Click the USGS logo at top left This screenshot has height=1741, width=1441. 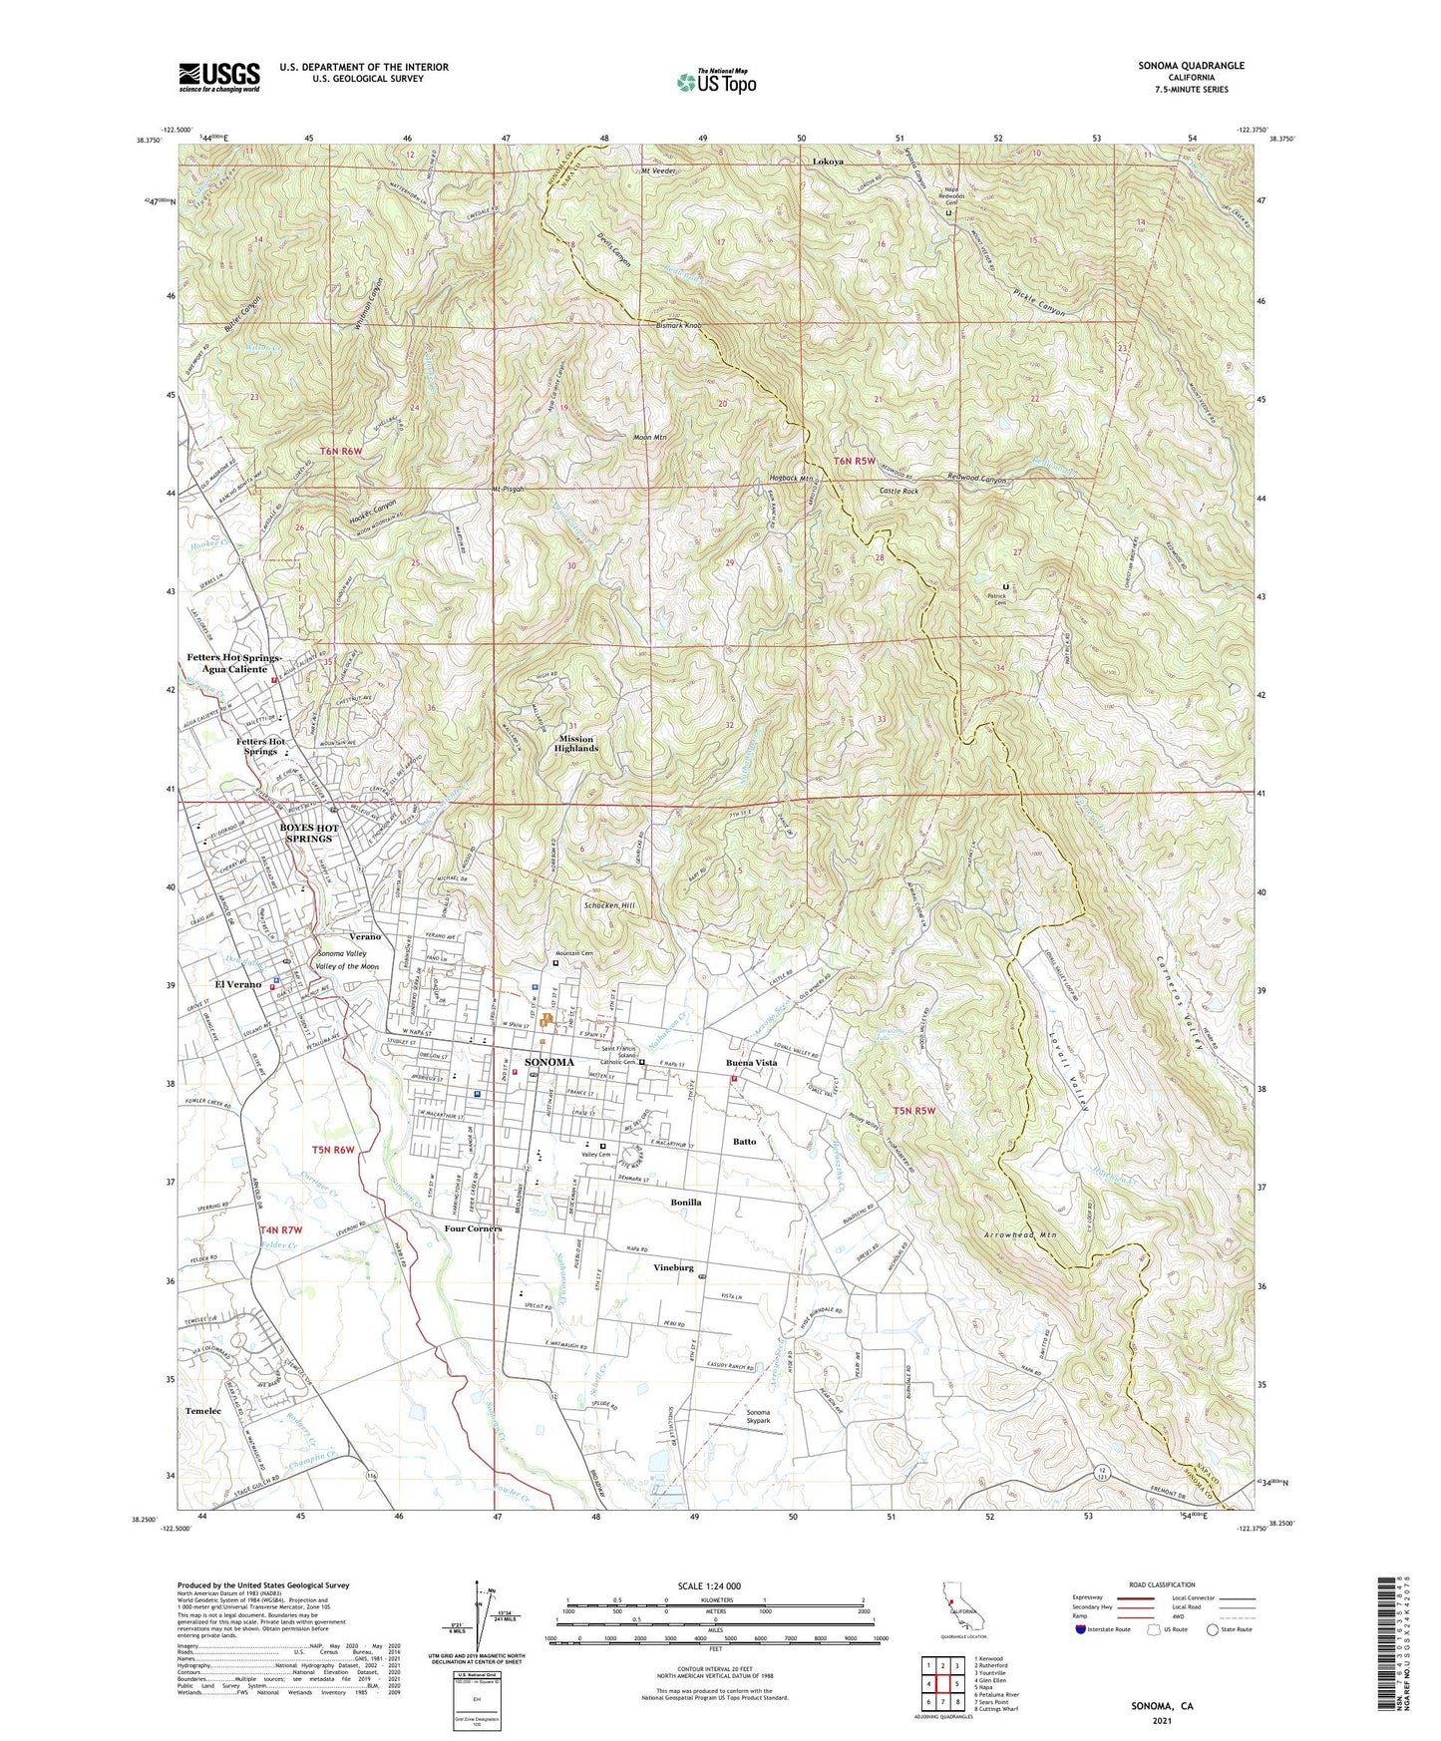(x=219, y=76)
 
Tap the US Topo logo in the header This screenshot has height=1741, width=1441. (x=716, y=82)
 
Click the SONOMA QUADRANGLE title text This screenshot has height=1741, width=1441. (x=1191, y=66)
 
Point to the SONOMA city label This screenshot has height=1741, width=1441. (x=548, y=1063)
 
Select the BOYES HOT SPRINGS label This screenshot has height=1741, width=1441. (x=309, y=833)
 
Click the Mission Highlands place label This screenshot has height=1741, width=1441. (x=575, y=744)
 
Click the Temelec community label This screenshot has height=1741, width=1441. (x=202, y=1412)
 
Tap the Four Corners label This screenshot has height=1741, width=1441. (x=473, y=1228)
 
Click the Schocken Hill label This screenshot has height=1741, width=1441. (x=607, y=905)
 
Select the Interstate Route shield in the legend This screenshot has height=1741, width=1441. (x=1083, y=1630)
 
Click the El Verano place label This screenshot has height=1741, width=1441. (x=237, y=984)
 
